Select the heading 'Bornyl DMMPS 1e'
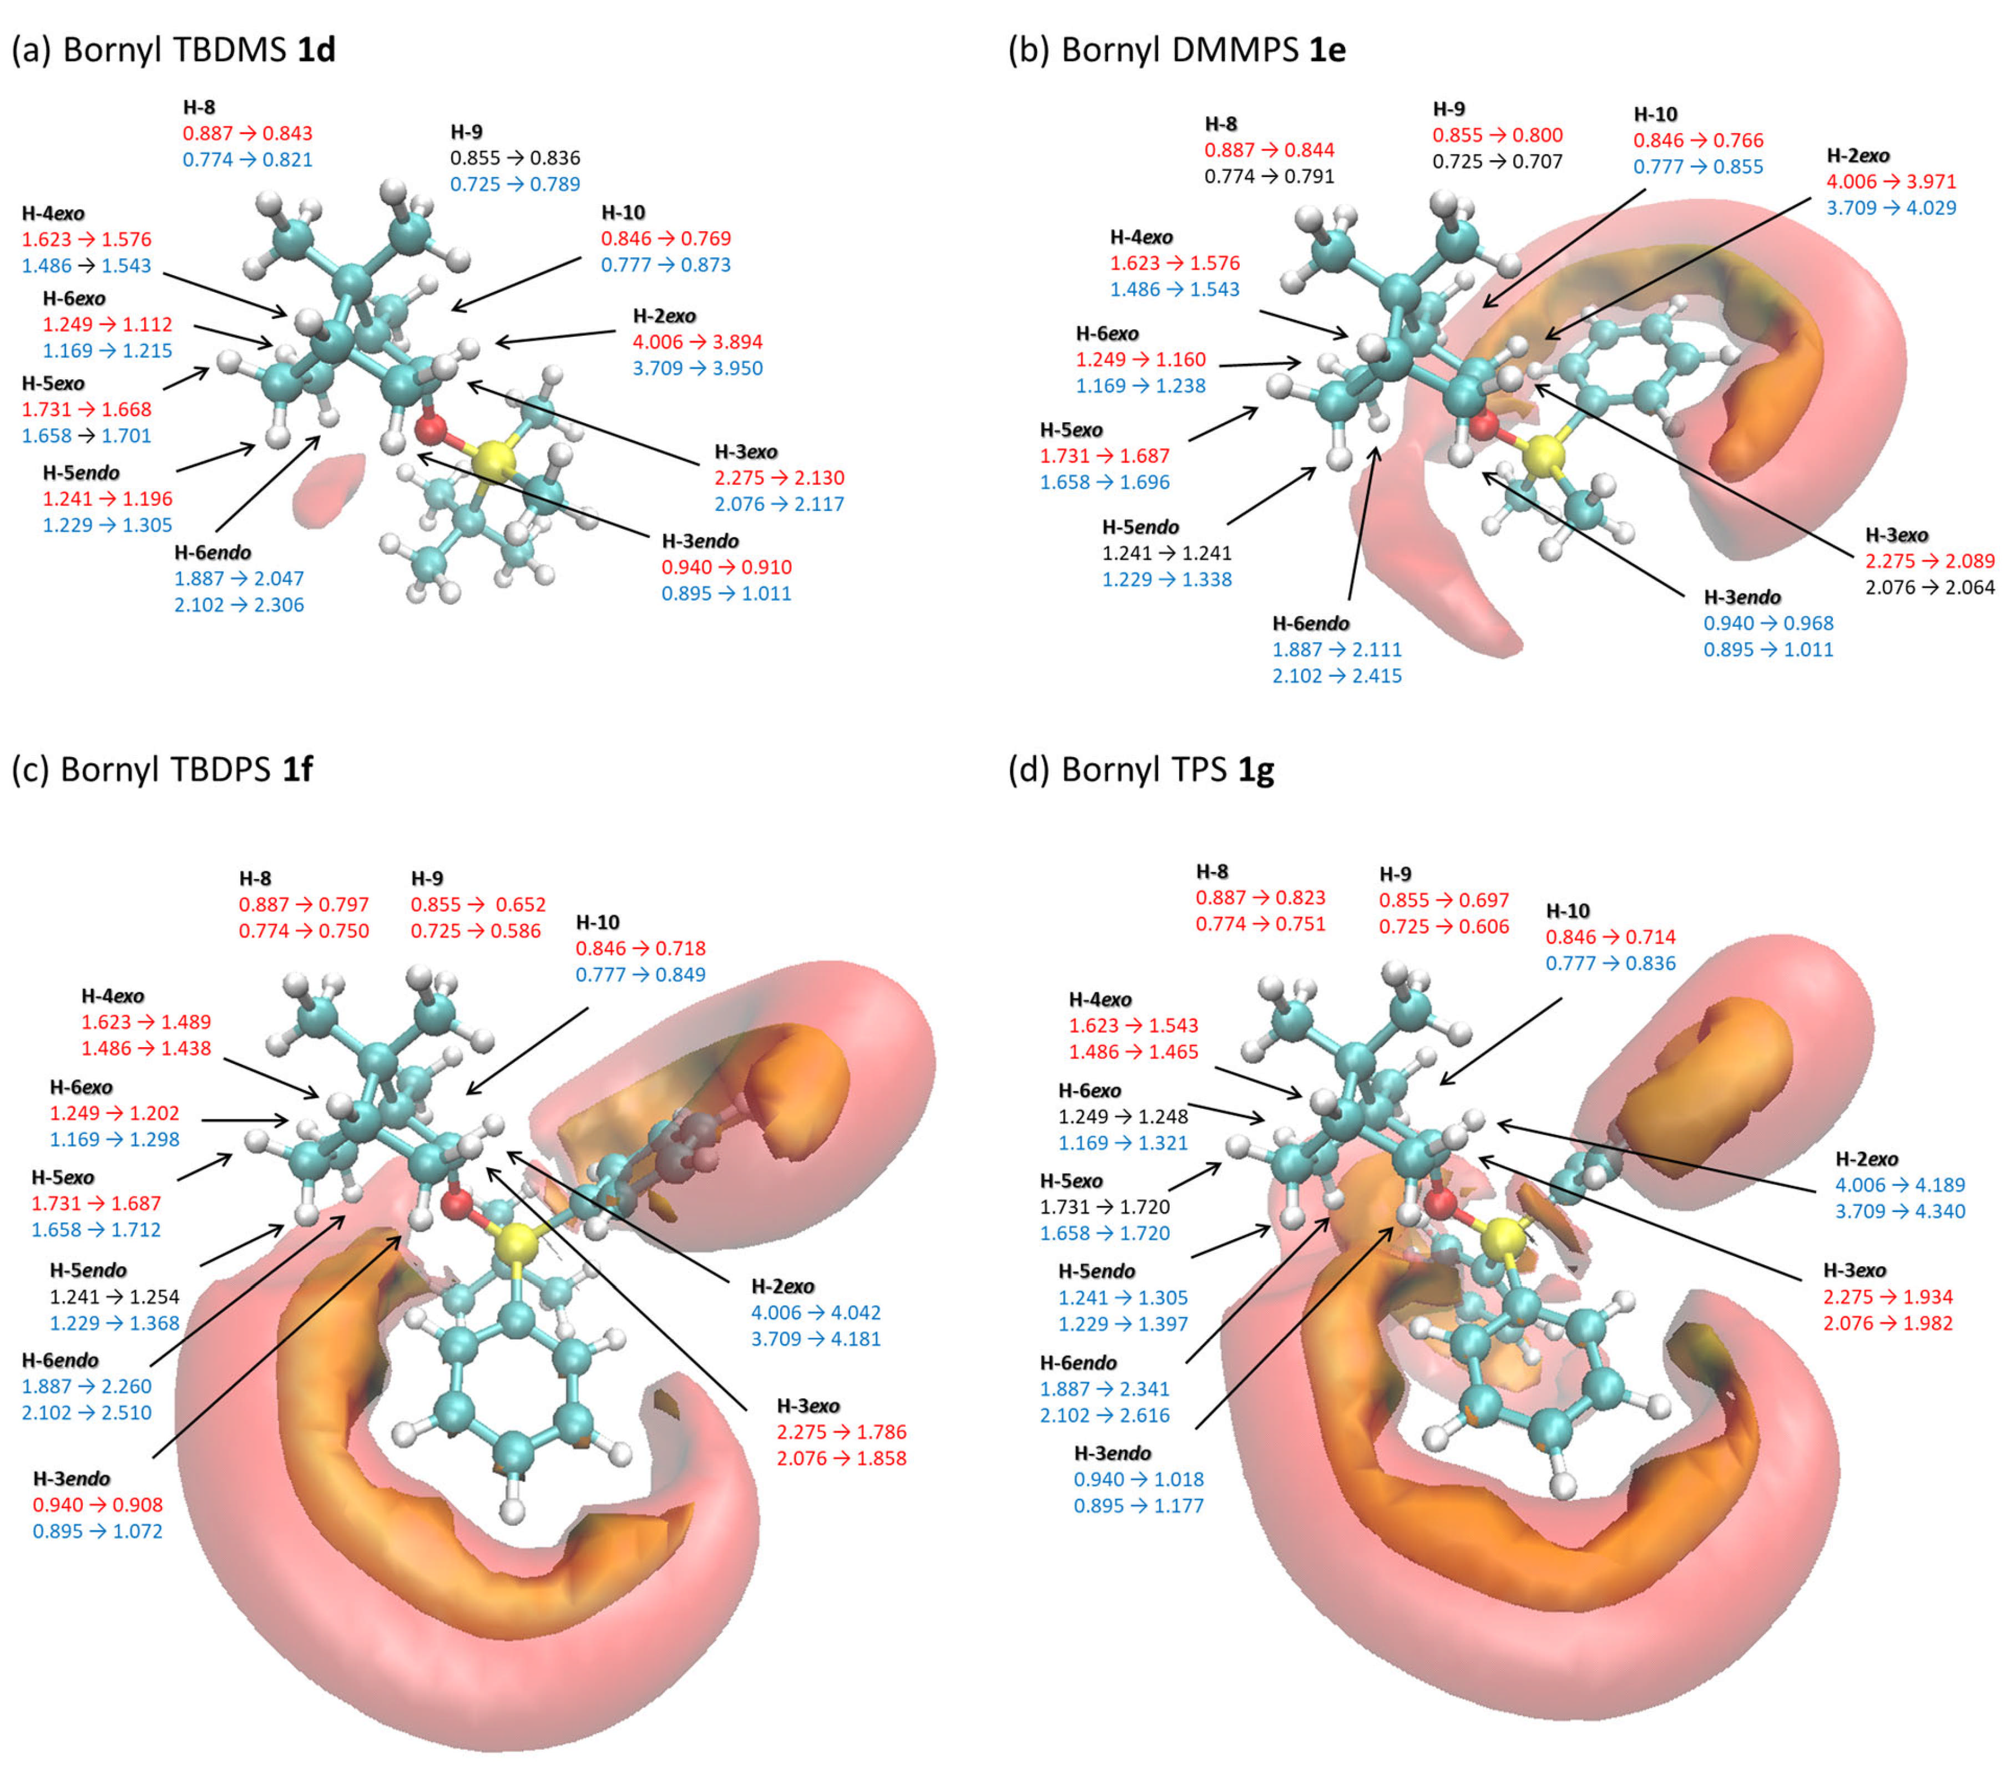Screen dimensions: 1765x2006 pos(1177,49)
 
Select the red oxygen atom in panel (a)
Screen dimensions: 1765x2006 pos(431,428)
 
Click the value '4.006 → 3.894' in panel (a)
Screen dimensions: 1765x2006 pos(697,342)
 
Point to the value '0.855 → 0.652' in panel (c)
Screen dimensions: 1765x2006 pos(478,904)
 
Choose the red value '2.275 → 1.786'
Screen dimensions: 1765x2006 pos(841,1432)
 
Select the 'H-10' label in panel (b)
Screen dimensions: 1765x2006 pos(1655,114)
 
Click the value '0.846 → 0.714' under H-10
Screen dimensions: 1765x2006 pos(1610,936)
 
